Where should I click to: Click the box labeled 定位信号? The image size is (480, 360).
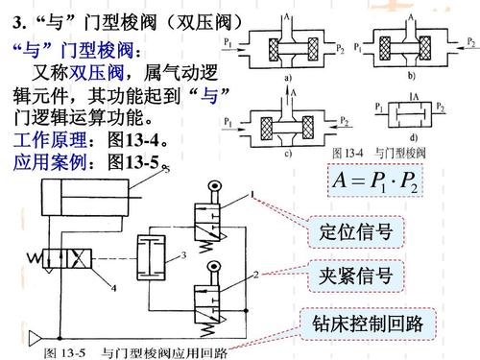click(x=355, y=232)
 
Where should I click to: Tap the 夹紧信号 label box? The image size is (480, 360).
click(x=355, y=276)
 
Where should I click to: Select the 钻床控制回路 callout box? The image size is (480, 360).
click(x=369, y=321)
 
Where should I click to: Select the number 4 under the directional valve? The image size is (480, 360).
click(x=113, y=285)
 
